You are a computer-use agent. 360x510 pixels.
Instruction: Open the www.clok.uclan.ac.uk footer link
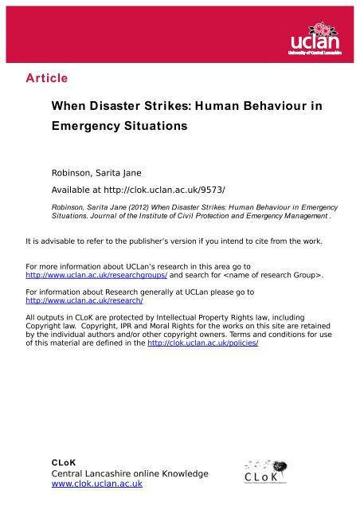[x=96, y=484]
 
